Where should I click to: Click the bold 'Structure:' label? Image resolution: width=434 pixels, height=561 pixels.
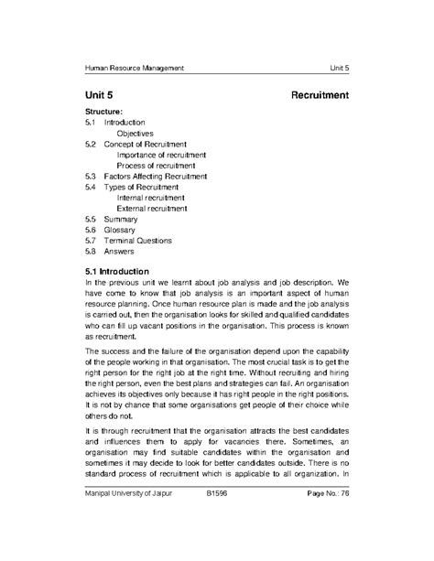coord(103,112)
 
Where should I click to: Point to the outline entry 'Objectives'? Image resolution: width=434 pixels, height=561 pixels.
coord(136,133)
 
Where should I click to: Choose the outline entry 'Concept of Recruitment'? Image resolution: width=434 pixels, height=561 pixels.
coord(146,144)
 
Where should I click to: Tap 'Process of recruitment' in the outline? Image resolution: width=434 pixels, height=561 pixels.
coord(157,166)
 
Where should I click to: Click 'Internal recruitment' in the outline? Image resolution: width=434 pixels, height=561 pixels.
coord(151,198)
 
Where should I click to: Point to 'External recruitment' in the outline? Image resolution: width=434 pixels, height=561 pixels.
coord(153,209)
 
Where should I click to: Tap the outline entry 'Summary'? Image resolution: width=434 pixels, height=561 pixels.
coord(122,220)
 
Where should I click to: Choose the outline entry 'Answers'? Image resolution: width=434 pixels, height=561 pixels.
coord(120,252)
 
